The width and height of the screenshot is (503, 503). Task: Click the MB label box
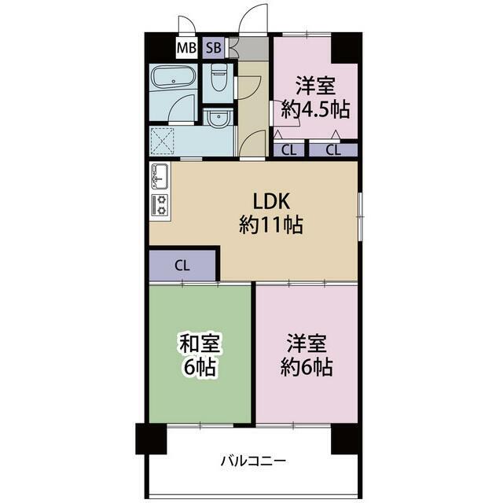pos(186,48)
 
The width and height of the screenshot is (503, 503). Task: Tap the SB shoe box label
pos(214,48)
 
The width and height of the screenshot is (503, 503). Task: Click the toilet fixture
pos(219,77)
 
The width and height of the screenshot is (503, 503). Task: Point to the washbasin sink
pos(219,118)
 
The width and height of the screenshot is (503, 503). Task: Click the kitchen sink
pos(160,176)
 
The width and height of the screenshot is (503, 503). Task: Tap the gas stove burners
pos(160,205)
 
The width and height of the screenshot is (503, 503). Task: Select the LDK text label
pos(271,201)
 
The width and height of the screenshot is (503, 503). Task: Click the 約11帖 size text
pos(271,225)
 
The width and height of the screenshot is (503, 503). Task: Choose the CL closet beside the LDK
pos(182,266)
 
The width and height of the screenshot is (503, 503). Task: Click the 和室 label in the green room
pos(200,343)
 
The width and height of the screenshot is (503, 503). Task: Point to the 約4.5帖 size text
pos(315,109)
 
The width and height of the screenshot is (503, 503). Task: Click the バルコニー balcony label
pos(253,461)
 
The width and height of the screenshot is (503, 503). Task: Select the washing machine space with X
pos(163,141)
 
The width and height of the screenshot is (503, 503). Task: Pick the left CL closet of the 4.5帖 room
pos(288,150)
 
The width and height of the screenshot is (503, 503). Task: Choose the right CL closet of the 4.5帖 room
pos(333,150)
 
